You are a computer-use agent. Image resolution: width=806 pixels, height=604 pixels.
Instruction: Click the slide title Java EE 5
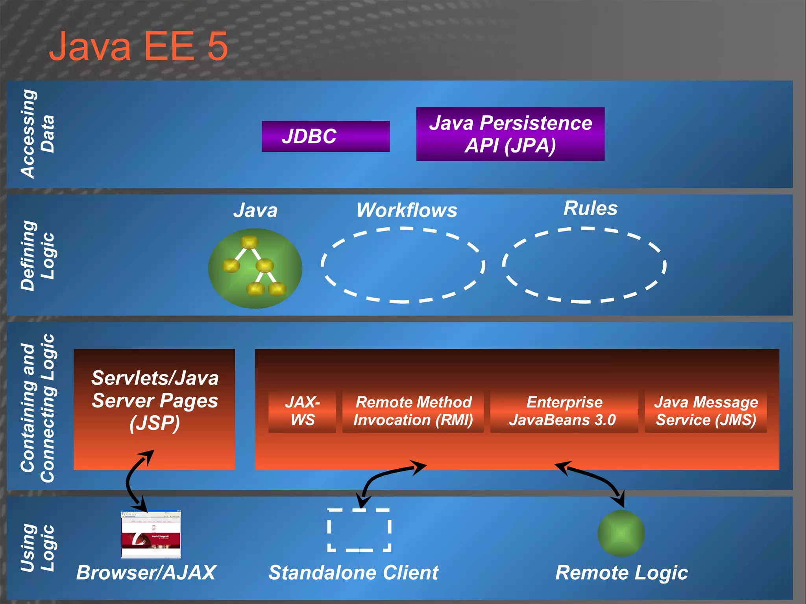pyautogui.click(x=139, y=46)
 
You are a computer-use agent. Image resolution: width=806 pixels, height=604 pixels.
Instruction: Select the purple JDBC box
pyautogui.click(x=325, y=136)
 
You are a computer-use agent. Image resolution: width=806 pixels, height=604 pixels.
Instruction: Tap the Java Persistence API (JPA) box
pyautogui.click(x=510, y=134)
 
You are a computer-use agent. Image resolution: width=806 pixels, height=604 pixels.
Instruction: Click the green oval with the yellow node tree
pyautogui.click(x=255, y=268)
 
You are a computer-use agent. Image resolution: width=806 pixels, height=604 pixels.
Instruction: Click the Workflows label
pyautogui.click(x=407, y=210)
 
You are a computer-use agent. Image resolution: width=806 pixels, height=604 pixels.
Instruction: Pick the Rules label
pyautogui.click(x=590, y=208)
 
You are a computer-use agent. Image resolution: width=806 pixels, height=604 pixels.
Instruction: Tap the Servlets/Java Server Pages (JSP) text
pyautogui.click(x=155, y=400)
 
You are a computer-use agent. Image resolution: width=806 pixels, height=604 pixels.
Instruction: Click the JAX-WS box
pyautogui.click(x=302, y=411)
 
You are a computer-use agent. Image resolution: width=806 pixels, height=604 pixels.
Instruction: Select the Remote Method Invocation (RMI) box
pyautogui.click(x=413, y=411)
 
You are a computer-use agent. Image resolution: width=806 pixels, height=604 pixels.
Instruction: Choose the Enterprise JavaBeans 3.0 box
pyautogui.click(x=564, y=411)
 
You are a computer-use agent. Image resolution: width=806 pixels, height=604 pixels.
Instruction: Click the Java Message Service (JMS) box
pyautogui.click(x=706, y=411)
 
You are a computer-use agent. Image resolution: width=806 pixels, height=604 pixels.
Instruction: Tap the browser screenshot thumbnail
pyautogui.click(x=151, y=534)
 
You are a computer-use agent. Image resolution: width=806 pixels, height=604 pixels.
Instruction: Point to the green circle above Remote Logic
pyautogui.click(x=621, y=533)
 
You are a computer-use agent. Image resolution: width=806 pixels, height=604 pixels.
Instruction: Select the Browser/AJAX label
pyautogui.click(x=146, y=573)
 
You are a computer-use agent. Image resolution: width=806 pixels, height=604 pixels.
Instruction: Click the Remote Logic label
pyautogui.click(x=621, y=573)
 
